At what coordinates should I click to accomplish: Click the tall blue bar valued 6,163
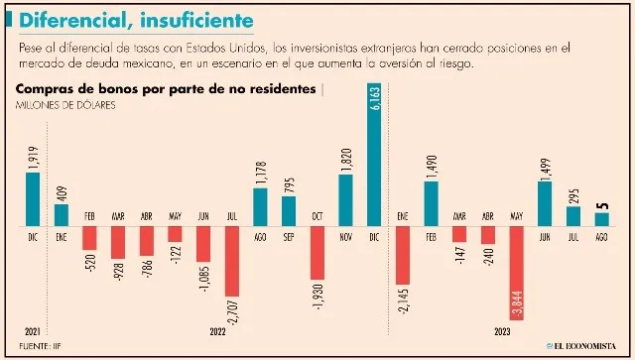374,159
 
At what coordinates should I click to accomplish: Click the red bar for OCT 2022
317,252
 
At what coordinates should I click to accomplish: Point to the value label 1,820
345,158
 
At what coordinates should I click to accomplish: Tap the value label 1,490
431,165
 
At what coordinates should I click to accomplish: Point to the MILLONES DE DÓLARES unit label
64,106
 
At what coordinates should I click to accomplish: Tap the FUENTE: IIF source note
41,347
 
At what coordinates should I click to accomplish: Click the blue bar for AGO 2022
260,206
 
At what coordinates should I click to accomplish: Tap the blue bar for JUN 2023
544,202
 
